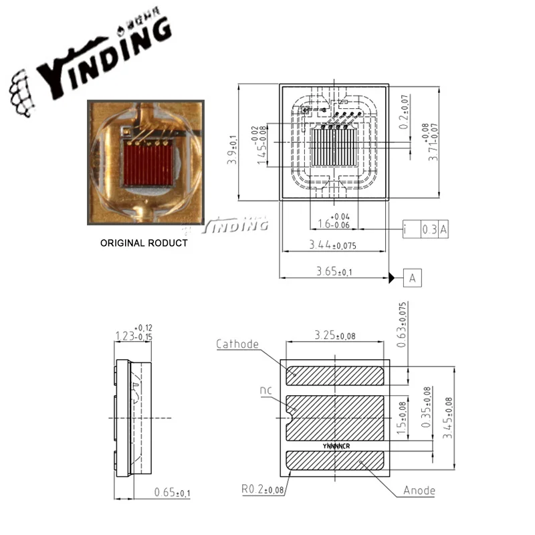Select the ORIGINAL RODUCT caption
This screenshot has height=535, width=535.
click(x=144, y=243)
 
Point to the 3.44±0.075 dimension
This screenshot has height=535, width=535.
click(x=332, y=246)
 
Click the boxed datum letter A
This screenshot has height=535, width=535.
click(x=413, y=278)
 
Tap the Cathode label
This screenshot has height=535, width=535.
click(x=237, y=344)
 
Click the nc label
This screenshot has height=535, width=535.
click(x=265, y=390)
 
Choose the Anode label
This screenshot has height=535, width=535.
click(x=419, y=491)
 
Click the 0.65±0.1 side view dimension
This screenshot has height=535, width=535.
click(x=171, y=493)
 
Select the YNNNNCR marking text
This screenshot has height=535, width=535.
click(x=336, y=444)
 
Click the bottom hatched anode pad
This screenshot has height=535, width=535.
click(x=334, y=462)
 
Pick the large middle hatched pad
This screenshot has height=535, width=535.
click(x=334, y=415)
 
